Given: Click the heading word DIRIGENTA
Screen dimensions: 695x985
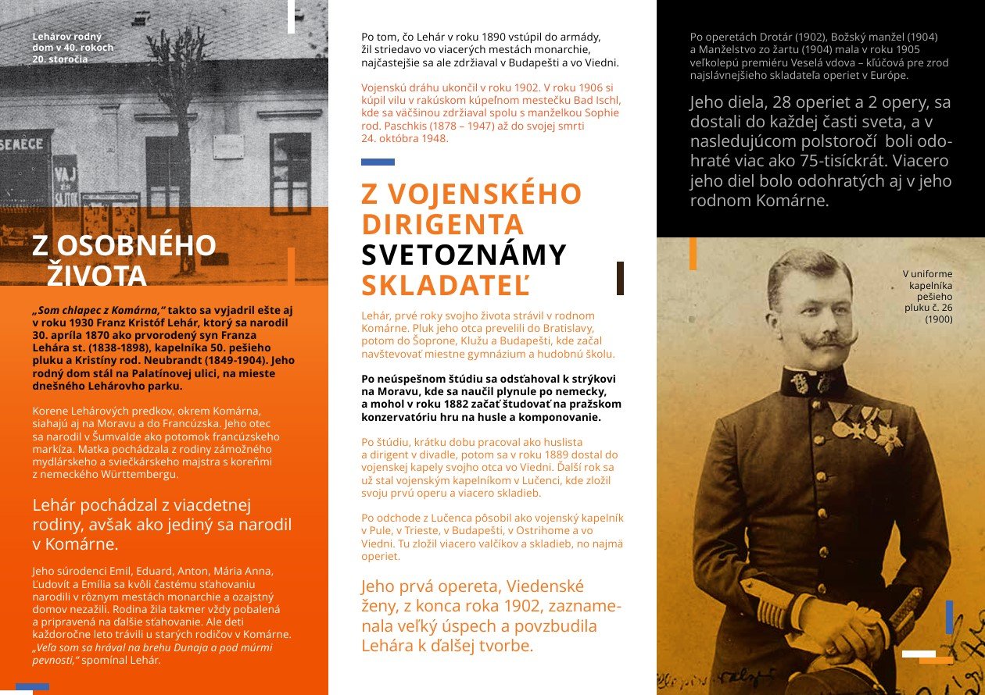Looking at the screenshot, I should (x=442, y=225).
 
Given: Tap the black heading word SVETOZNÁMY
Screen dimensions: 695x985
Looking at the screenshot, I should (x=464, y=255).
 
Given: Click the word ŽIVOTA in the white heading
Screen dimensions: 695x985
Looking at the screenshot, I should (x=97, y=276).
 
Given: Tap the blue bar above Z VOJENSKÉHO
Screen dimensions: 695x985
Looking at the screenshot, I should (x=378, y=162).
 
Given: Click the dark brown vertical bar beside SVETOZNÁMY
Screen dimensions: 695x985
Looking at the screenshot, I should (x=620, y=278).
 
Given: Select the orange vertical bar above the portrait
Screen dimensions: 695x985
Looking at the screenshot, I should (x=693, y=254).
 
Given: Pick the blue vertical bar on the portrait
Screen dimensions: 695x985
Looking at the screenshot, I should (x=949, y=617).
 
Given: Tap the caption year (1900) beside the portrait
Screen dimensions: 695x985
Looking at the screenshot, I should (x=939, y=319).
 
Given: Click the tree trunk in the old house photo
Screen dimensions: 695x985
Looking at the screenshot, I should (x=186, y=195).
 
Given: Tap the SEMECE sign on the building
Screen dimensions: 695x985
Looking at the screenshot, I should (x=22, y=144).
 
